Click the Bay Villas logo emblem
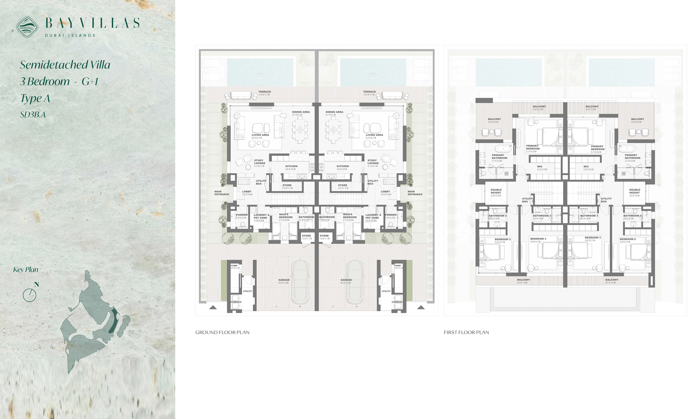point(27,27)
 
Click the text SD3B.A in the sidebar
point(33,115)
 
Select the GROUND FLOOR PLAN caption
point(222,332)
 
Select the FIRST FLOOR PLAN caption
point(466,332)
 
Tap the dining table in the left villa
point(300,130)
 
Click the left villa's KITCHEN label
point(291,166)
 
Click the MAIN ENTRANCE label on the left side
point(222,193)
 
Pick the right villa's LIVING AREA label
point(374,135)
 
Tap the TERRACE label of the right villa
point(369,92)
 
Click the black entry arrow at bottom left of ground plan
point(213,308)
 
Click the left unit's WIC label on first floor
point(539,167)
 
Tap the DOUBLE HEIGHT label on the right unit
point(635,191)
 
